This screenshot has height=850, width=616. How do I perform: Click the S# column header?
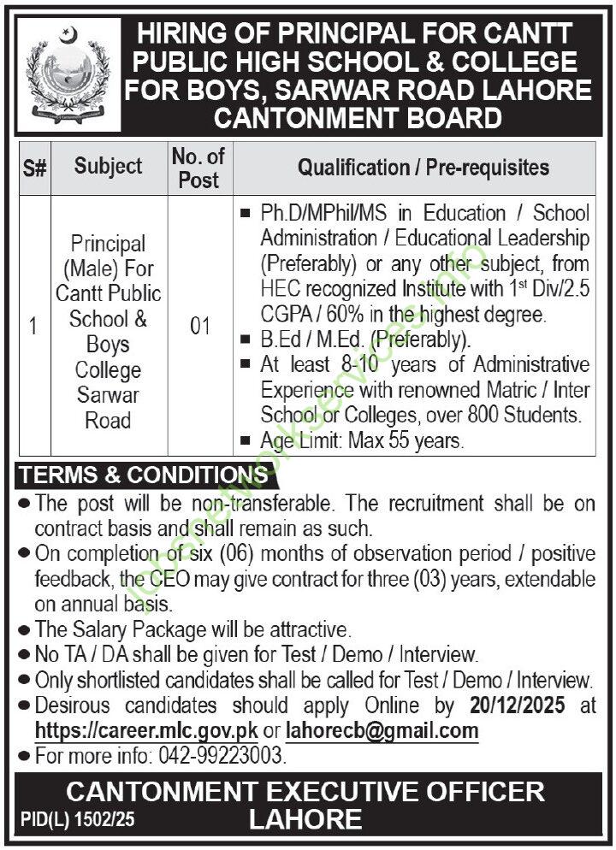(x=33, y=168)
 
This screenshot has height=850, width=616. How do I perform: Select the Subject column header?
(x=108, y=166)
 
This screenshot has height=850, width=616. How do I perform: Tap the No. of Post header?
(x=198, y=168)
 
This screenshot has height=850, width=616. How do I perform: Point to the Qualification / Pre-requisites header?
(x=423, y=167)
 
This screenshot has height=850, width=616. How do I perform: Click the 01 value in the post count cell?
(x=198, y=327)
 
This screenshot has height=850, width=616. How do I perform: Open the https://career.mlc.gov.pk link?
(x=146, y=731)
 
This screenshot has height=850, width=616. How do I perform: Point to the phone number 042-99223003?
(x=220, y=757)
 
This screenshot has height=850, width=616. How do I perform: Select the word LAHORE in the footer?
(x=305, y=820)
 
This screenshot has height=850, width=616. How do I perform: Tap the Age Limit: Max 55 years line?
(x=362, y=441)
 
